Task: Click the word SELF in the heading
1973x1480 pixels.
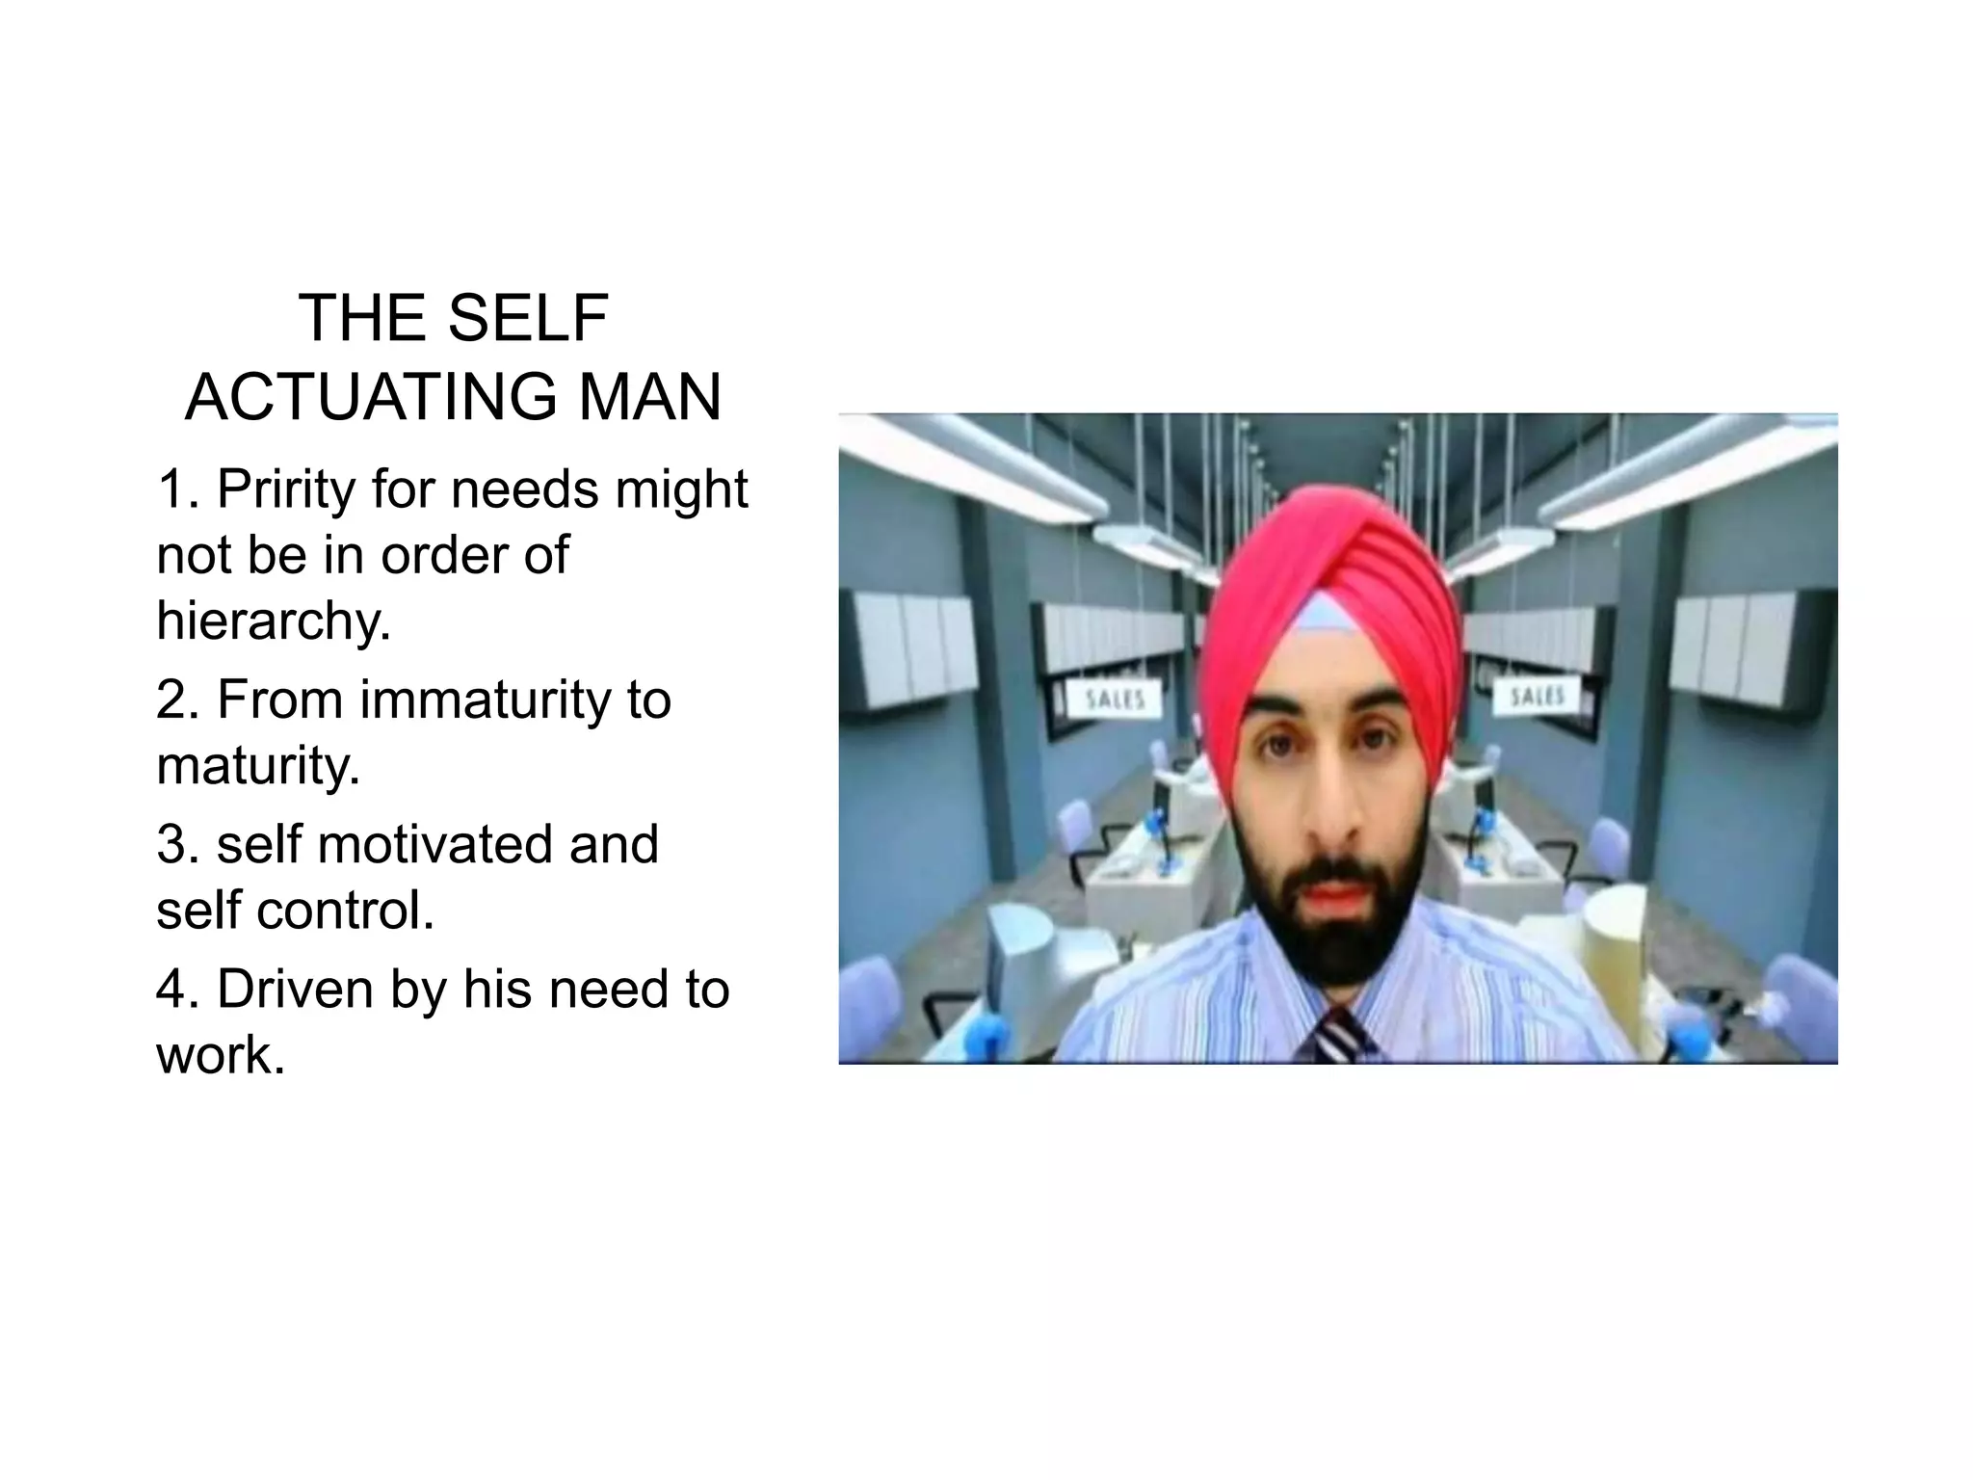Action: pos(528,318)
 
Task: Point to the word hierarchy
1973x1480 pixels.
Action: pos(274,621)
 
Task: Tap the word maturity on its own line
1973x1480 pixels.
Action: pos(258,765)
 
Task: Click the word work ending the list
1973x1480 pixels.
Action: pos(221,1055)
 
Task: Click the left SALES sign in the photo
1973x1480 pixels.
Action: pos(1115,699)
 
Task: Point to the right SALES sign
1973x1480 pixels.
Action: pos(1537,696)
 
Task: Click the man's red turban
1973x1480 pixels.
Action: pos(1334,568)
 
